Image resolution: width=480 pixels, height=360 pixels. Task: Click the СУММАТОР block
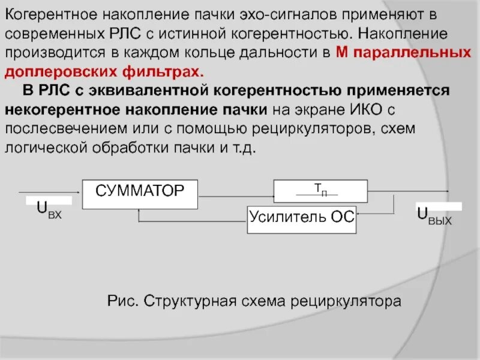(x=140, y=193)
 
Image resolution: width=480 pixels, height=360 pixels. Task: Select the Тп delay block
(x=320, y=191)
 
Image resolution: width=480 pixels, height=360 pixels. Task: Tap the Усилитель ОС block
(x=302, y=220)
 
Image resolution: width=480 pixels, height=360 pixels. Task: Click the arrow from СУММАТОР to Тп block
(x=236, y=193)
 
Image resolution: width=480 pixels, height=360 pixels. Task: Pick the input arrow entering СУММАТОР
(x=50, y=193)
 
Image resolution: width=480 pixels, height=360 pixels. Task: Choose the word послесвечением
(x=68, y=129)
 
